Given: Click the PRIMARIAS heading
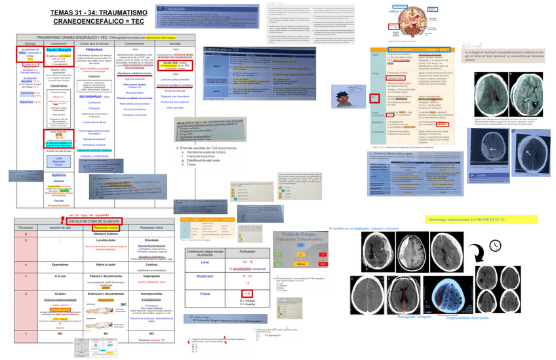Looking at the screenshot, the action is [94, 50].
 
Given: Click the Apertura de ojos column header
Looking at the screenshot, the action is [61, 227].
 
